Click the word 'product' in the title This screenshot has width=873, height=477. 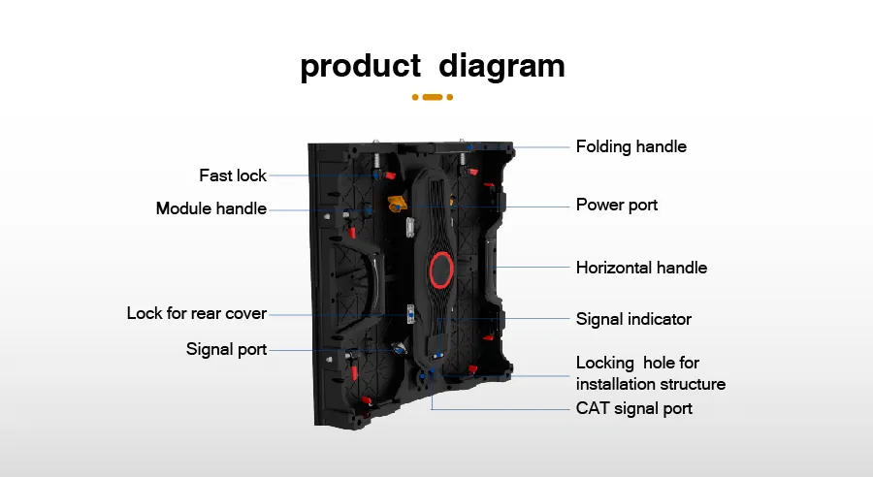tap(360, 66)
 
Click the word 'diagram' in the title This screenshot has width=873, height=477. tap(501, 66)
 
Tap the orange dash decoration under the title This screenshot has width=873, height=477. tap(433, 97)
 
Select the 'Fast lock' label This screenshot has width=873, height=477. tap(233, 175)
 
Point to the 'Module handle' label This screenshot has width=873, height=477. tap(211, 208)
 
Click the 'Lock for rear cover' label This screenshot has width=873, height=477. tap(196, 313)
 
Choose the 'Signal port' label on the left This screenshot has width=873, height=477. tap(226, 349)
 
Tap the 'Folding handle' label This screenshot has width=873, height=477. tap(630, 146)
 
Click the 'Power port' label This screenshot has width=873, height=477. tap(616, 205)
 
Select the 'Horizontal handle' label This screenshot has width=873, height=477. tap(641, 267)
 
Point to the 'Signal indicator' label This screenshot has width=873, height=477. tap(633, 318)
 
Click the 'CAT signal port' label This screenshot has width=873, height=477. tap(633, 408)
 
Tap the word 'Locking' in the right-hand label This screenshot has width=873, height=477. tap(604, 363)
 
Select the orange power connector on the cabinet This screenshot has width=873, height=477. tap(397, 204)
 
